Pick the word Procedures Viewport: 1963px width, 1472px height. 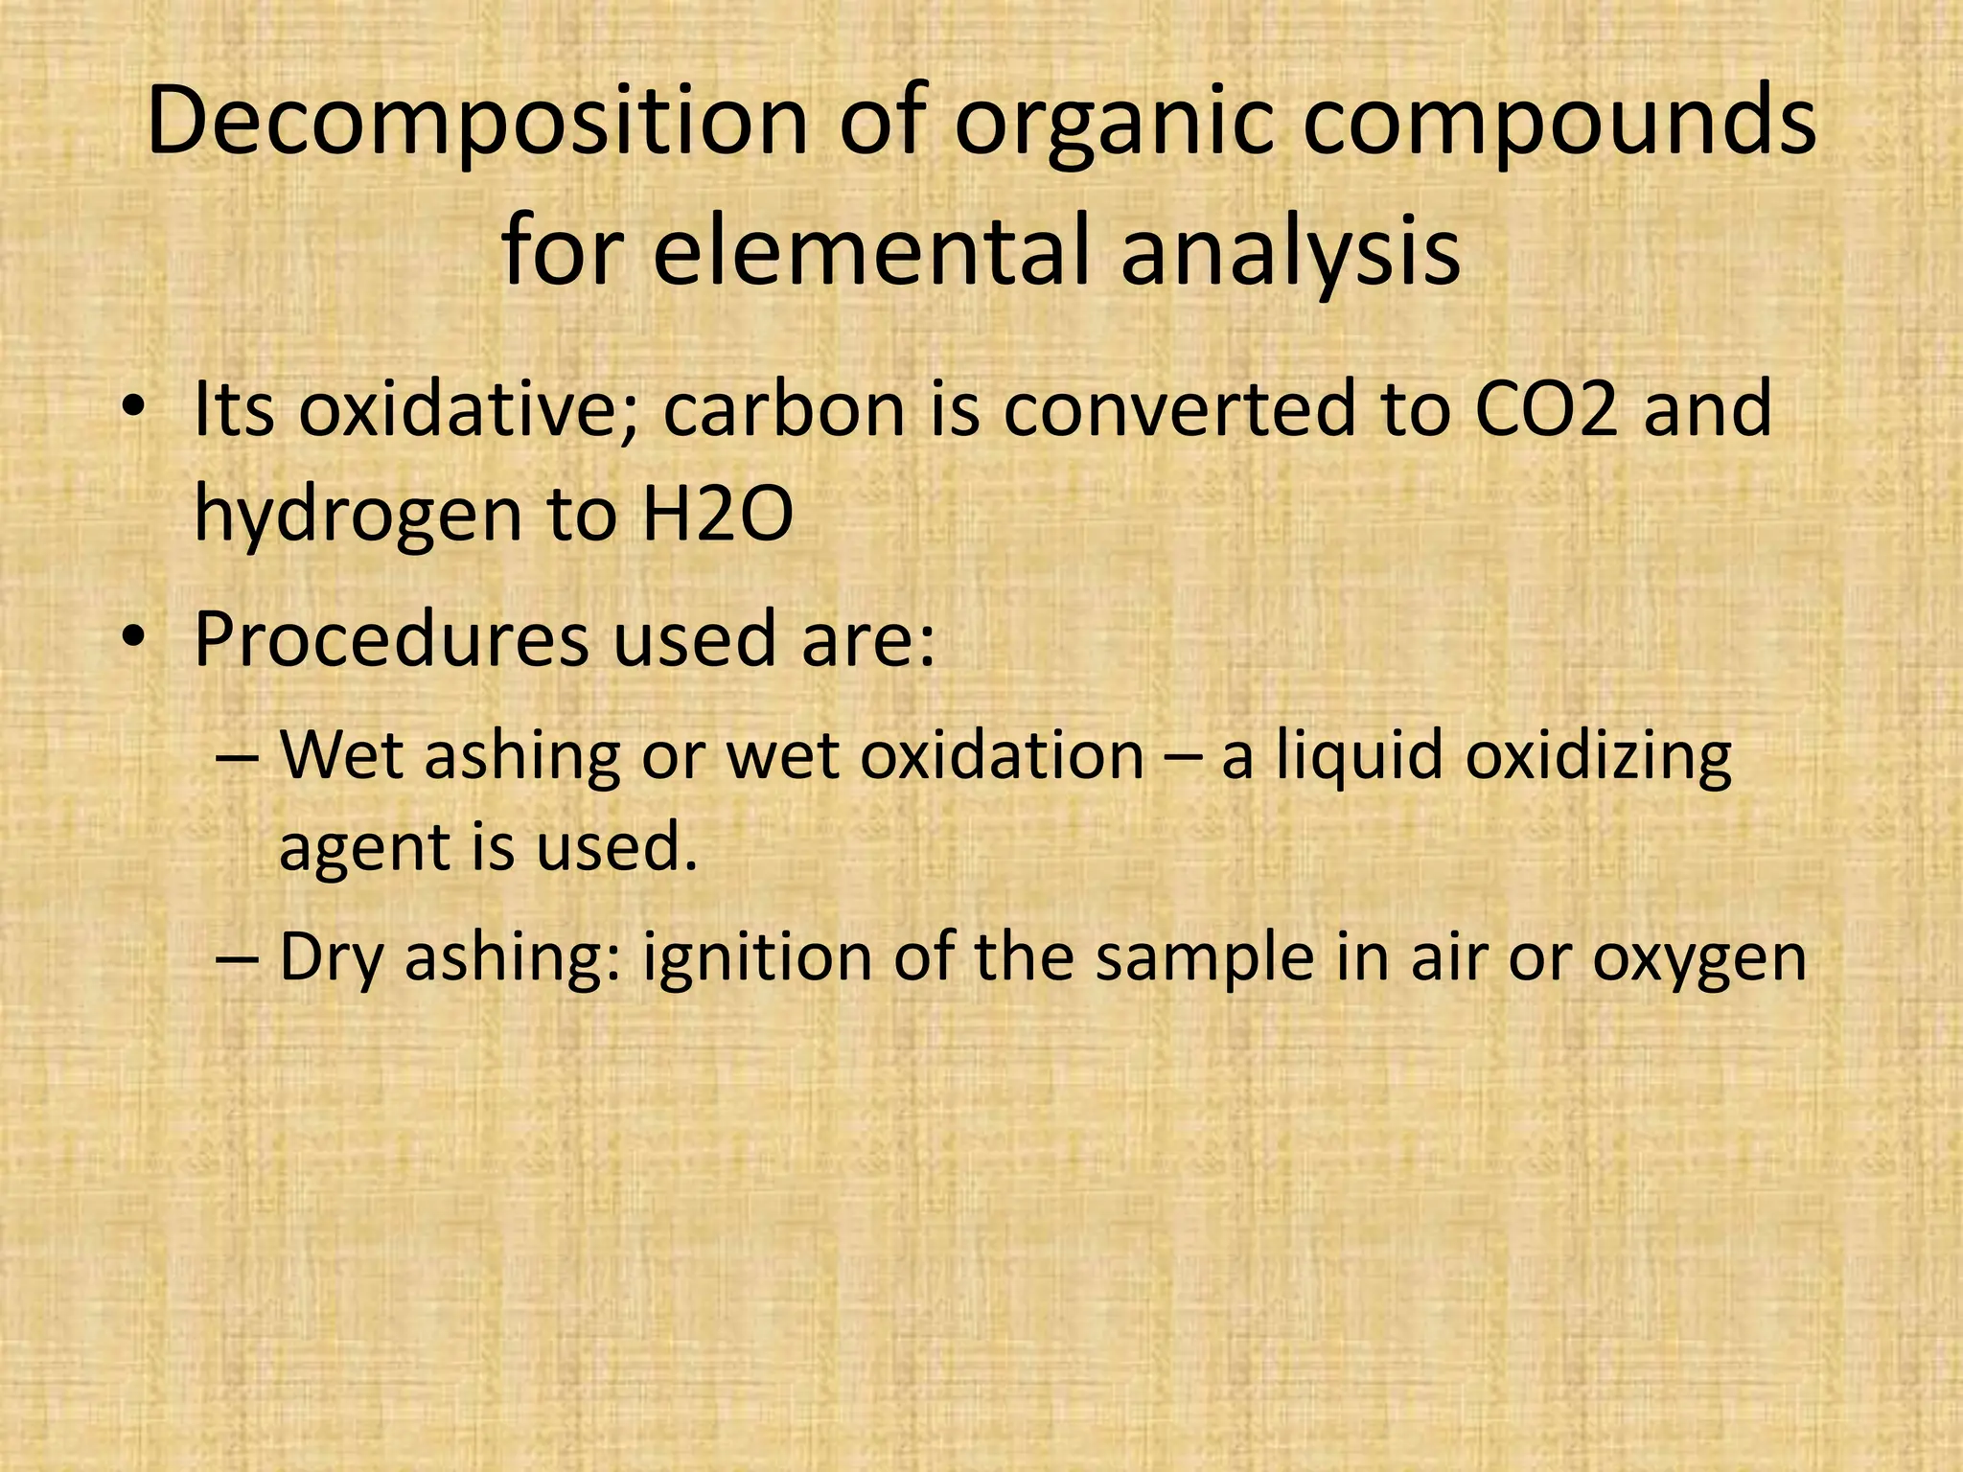pos(391,640)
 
